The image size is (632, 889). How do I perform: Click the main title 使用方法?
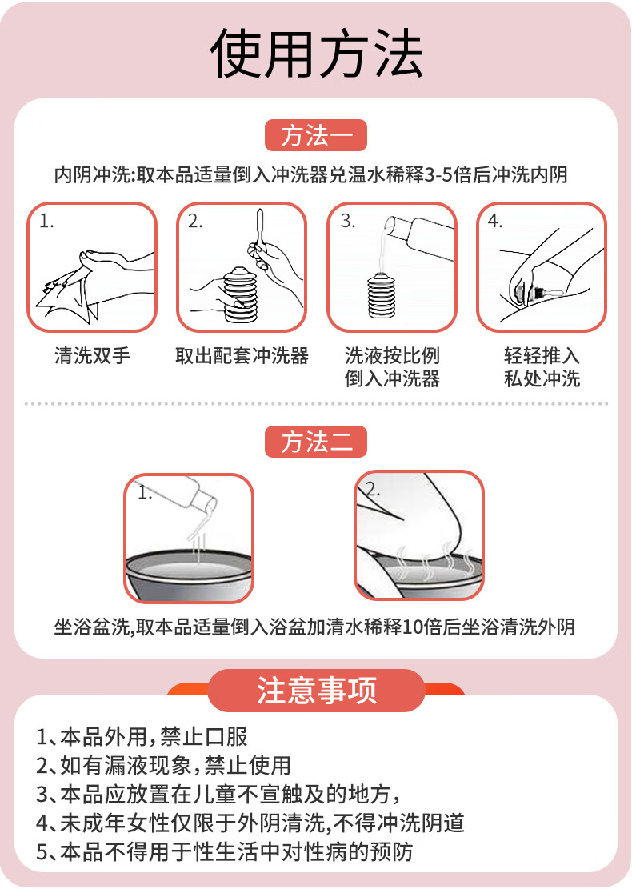click(316, 54)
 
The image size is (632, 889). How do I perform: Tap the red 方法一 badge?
click(316, 135)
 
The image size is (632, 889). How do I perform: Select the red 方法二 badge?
click(316, 442)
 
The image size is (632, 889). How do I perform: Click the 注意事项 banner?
click(316, 691)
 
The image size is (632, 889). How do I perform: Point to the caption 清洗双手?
click(92, 355)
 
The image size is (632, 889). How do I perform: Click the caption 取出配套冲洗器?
click(242, 355)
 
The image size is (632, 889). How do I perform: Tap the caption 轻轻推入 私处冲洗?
click(542, 366)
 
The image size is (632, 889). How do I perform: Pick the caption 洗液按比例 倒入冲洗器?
click(392, 366)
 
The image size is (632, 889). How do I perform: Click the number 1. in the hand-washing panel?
click(46, 221)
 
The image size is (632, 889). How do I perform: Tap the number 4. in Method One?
click(495, 221)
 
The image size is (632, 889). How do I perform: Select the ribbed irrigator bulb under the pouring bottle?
click(384, 295)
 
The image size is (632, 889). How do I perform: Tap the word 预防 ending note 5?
click(391, 851)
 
